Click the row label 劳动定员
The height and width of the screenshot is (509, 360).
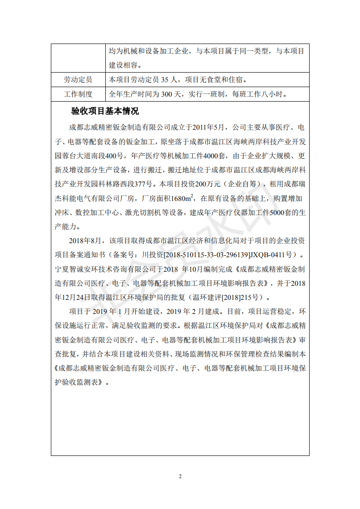pos(78,80)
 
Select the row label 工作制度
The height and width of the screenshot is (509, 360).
pos(78,94)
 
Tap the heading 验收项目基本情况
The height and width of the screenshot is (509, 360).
pos(105,111)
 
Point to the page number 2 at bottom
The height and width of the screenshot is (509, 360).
pos(180,476)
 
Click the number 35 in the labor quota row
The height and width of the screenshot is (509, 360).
pos(166,80)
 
